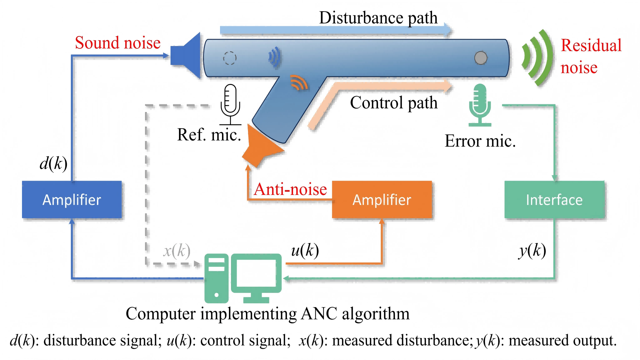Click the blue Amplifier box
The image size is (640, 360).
coord(72,200)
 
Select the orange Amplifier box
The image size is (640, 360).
coord(382,200)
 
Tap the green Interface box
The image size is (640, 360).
coord(554,200)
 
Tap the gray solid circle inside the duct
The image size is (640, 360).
coord(481,58)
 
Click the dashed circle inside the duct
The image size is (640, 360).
coord(230,58)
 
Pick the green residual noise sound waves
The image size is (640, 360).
coord(537,57)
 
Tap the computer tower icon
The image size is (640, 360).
coord(217,278)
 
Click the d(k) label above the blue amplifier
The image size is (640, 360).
coord(53,163)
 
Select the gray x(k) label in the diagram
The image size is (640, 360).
coord(177,251)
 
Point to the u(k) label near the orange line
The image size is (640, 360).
coord(305,250)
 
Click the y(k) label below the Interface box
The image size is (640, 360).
coord(532,251)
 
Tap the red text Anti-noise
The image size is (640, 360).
coord(290,189)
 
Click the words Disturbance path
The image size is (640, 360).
coord(378,18)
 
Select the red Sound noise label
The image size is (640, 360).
coord(118,43)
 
